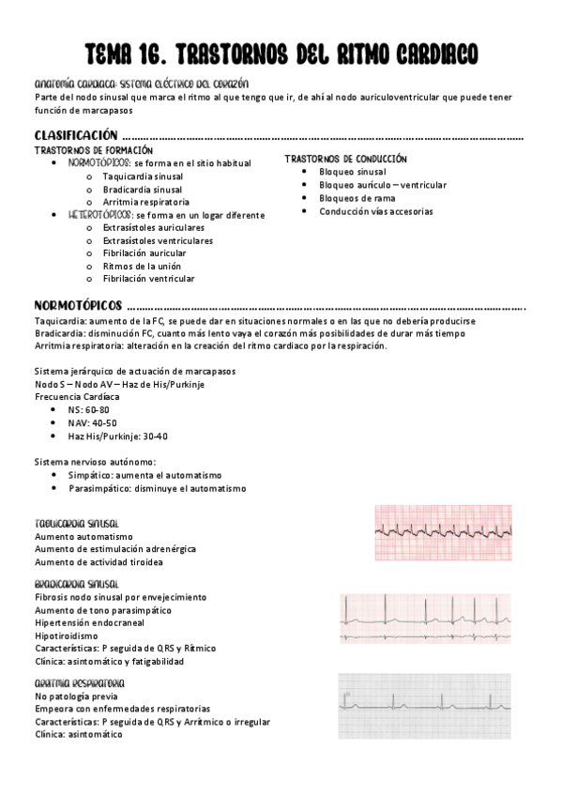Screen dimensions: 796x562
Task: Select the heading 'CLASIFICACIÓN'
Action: (76, 134)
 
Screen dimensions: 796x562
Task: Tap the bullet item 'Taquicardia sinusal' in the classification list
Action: (143, 176)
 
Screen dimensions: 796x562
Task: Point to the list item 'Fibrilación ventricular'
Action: (148, 279)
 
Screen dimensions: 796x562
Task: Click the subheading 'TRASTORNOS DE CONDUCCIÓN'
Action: (345, 160)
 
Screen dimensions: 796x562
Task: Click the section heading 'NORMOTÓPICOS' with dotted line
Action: (78, 306)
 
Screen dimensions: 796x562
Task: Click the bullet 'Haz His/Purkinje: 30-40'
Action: (117, 436)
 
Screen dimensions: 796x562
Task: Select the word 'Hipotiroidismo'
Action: (67, 635)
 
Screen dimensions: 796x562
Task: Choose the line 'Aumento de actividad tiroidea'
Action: (99, 561)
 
